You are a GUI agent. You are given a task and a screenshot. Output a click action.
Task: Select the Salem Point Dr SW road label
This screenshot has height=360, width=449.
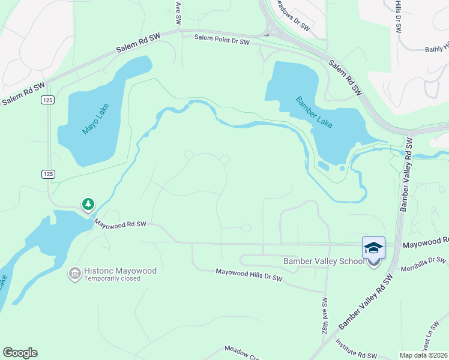click(223, 40)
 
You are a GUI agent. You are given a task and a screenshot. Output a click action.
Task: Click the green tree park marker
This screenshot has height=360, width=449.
click(88, 205)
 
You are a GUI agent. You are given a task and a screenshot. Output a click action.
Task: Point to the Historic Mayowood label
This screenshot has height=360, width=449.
click(120, 271)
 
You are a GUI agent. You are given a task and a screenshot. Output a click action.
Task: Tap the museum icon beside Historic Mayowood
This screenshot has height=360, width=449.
click(74, 274)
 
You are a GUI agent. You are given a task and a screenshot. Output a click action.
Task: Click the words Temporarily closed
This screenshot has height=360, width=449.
click(112, 278)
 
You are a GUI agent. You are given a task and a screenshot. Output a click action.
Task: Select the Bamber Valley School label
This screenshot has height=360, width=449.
click(324, 261)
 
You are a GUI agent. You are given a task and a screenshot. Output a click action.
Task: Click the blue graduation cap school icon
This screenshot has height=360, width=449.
click(373, 247)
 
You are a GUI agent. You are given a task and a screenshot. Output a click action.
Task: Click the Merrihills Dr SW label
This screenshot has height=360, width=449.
click(424, 263)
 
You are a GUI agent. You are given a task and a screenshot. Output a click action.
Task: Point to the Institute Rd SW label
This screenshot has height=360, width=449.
click(356, 347)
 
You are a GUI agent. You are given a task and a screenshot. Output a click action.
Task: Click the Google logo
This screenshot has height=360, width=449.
click(20, 353)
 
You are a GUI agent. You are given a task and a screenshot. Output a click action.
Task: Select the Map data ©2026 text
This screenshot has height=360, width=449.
click(424, 355)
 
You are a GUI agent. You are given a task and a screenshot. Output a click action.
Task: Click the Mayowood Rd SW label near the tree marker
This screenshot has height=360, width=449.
click(121, 224)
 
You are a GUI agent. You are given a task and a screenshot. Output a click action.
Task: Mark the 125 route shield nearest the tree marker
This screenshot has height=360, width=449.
click(49, 174)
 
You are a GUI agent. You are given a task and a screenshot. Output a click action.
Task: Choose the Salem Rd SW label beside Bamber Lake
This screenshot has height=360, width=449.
click(346, 77)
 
